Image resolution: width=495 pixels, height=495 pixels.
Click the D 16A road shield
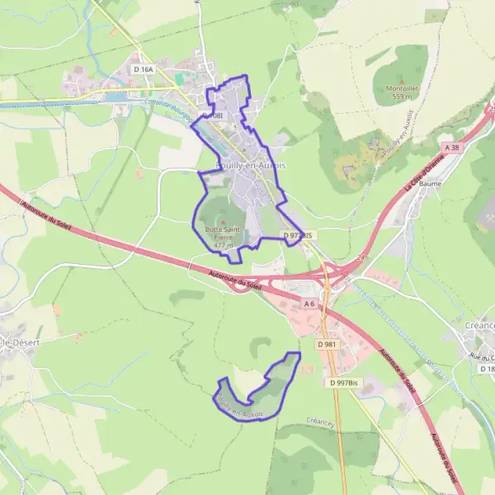[x=143, y=71]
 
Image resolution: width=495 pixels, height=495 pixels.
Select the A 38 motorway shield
[x=450, y=147]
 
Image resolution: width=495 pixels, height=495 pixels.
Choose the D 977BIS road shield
[x=299, y=235]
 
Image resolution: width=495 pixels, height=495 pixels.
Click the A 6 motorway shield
[x=309, y=304]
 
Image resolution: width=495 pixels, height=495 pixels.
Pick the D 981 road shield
[x=328, y=344]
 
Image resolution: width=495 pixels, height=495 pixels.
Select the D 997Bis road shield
[x=344, y=383]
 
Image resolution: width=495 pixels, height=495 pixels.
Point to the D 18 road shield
[x=488, y=369]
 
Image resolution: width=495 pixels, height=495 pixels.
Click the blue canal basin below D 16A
[x=115, y=96]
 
